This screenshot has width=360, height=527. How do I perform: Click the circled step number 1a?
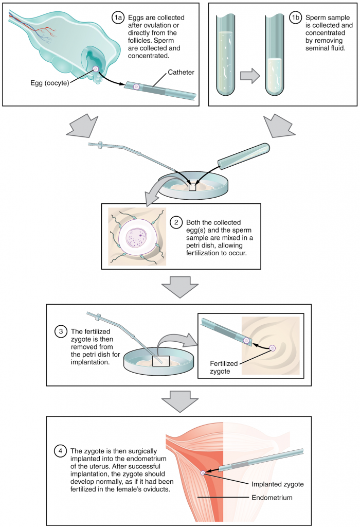click(x=118, y=18)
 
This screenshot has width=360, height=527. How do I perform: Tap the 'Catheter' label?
click(x=181, y=73)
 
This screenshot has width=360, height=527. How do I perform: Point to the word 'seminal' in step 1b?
click(x=318, y=48)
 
